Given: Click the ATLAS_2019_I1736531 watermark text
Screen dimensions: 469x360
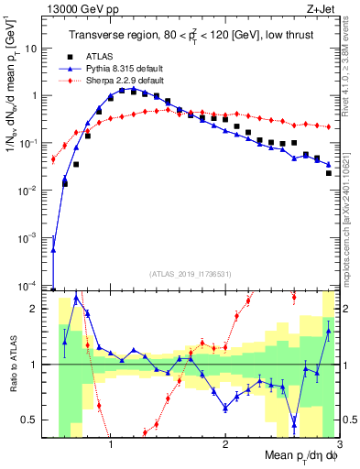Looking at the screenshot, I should (x=190, y=273).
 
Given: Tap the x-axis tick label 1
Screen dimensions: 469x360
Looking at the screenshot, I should (x=110, y=445).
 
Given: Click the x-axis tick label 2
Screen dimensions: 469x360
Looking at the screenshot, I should (x=225, y=445).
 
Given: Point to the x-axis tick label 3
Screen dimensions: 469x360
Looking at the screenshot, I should (x=338, y=445).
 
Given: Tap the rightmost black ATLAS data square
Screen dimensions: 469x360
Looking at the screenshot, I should (x=329, y=172).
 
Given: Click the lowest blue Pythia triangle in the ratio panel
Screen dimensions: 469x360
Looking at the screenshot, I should (x=294, y=422).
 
